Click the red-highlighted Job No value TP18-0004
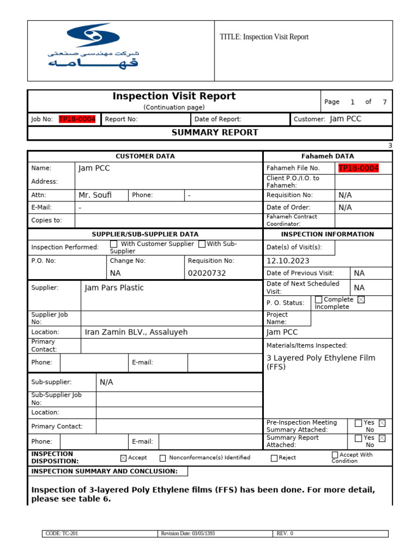tap(77, 119)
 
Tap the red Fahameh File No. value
tap(358, 168)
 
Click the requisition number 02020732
tap(206, 273)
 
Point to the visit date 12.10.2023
tap(288, 261)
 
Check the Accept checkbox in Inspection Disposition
tap(123, 458)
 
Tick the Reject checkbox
tap(274, 458)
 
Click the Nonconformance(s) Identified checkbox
tap(163, 458)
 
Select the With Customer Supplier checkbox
tap(113, 244)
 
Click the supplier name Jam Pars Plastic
tap(114, 288)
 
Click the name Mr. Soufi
tap(95, 195)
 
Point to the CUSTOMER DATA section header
tap(145, 156)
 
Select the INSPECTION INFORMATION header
tap(327, 234)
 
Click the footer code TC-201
tap(62, 533)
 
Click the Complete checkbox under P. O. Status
tap(319, 300)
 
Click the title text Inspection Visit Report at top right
tap(264, 37)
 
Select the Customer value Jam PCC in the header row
tap(345, 119)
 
